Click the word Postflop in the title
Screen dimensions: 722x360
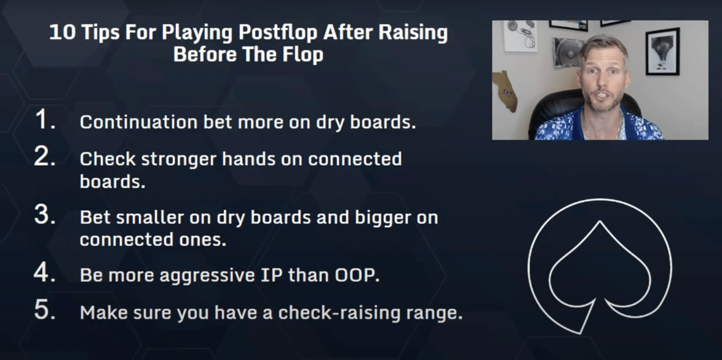(x=278, y=33)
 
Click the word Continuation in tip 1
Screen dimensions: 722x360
(x=139, y=122)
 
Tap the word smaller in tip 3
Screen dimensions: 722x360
(x=150, y=217)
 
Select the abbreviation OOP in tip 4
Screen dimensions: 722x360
(x=357, y=275)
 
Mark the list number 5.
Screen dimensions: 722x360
(x=45, y=310)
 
